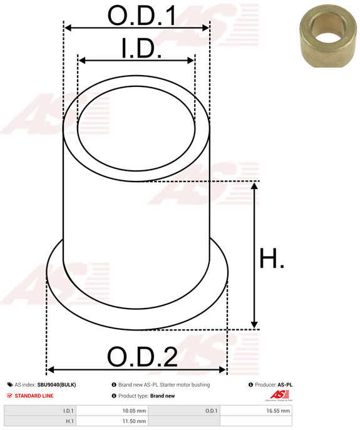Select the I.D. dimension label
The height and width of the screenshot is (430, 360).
(141, 49)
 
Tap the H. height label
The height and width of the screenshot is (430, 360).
(272, 258)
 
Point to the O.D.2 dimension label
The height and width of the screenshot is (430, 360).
(142, 357)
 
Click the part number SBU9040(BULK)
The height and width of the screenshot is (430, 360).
(56, 385)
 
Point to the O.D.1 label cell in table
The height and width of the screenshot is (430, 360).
(211, 411)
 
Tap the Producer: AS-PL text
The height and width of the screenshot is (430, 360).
(274, 385)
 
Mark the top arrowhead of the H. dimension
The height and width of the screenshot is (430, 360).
(254, 186)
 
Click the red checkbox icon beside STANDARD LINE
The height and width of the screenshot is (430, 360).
(9, 396)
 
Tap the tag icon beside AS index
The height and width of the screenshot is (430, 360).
(9, 385)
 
